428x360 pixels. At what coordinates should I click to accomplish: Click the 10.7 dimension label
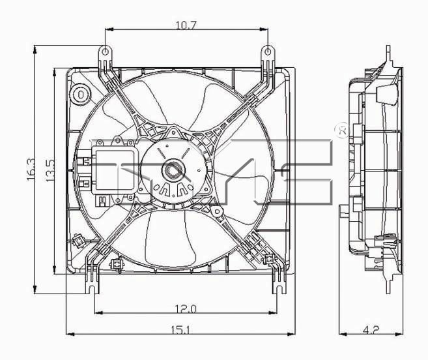tap(186, 25)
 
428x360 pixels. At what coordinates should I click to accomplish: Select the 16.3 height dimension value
tap(31, 170)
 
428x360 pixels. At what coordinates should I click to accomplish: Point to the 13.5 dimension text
tap(50, 171)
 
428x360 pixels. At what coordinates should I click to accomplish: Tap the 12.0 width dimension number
tap(186, 309)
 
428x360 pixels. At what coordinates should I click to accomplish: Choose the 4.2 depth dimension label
tap(371, 330)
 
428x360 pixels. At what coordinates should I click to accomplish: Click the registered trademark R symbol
tap(343, 131)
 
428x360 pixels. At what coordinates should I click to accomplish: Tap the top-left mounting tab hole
tap(105, 52)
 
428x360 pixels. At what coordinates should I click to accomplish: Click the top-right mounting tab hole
tap(268, 52)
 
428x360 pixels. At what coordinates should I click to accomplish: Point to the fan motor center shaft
tap(173, 171)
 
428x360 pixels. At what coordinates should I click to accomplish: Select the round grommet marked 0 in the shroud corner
tap(80, 95)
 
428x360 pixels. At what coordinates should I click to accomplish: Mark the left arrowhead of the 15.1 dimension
tap(70, 334)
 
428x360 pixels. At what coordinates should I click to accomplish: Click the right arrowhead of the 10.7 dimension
tap(264, 29)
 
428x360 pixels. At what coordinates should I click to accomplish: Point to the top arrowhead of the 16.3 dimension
tap(35, 50)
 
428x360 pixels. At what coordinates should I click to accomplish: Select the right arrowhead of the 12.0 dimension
tap(273, 312)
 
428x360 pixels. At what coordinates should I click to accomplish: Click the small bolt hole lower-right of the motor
tap(217, 211)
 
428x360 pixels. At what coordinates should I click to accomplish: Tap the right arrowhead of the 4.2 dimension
tap(399, 334)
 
